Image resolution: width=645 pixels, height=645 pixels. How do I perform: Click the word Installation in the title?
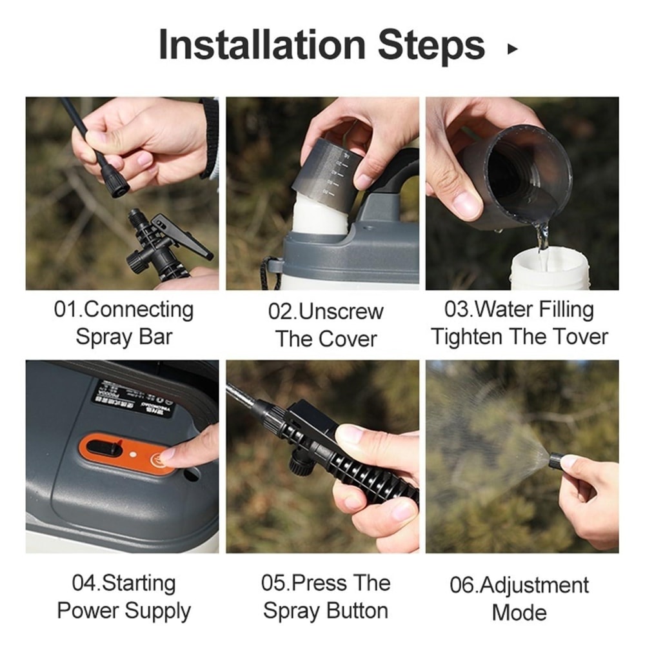(262, 45)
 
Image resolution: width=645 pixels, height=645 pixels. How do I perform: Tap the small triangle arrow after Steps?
(512, 48)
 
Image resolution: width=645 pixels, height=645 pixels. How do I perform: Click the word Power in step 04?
(88, 611)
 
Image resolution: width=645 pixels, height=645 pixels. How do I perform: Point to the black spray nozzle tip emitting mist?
(555, 461)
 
